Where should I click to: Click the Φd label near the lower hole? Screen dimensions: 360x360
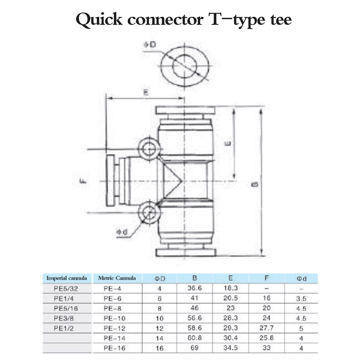(x=122, y=232)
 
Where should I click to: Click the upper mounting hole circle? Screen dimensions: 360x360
(x=149, y=148)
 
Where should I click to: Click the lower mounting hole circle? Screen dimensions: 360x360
(x=149, y=213)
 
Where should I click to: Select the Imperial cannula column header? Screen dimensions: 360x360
(x=67, y=278)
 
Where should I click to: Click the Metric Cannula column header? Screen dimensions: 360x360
(x=117, y=278)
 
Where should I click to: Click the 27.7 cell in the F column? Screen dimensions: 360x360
(x=267, y=328)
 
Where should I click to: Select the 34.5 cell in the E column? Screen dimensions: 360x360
(x=231, y=348)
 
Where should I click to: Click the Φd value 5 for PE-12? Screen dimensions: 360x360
(x=301, y=328)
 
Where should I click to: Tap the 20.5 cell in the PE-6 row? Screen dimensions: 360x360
(x=231, y=298)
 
